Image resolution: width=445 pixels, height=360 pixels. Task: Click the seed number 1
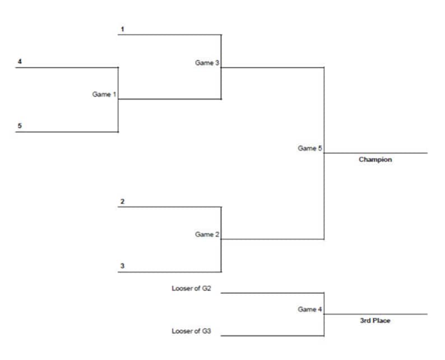[x=122, y=28]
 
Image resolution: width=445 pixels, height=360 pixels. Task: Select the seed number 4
[x=20, y=61]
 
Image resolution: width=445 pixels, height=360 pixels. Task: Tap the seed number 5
[x=20, y=126]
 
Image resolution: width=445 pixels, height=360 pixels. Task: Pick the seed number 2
[x=122, y=201]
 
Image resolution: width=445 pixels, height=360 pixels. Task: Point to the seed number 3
[x=122, y=266]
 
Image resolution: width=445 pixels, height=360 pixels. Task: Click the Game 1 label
[x=104, y=95]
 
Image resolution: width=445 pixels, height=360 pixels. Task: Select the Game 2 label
[x=207, y=235]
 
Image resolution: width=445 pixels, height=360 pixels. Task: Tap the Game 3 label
[x=207, y=63]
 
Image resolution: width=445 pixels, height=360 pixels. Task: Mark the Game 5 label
[x=309, y=148]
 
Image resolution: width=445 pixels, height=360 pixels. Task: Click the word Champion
[x=375, y=160]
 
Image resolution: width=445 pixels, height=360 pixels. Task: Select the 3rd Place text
[x=375, y=321]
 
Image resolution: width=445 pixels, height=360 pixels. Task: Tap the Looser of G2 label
[x=191, y=289]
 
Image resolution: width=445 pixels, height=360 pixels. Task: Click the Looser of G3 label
[x=191, y=331]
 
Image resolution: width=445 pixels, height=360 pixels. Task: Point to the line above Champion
[x=376, y=153]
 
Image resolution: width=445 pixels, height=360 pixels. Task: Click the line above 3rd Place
[x=376, y=314]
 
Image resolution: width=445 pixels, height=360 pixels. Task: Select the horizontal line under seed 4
[x=67, y=68]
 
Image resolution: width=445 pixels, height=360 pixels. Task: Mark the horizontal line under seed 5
[x=67, y=132]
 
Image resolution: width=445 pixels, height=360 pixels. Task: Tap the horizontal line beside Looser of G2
[x=272, y=293]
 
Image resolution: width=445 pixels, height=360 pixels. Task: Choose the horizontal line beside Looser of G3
[x=272, y=336]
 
